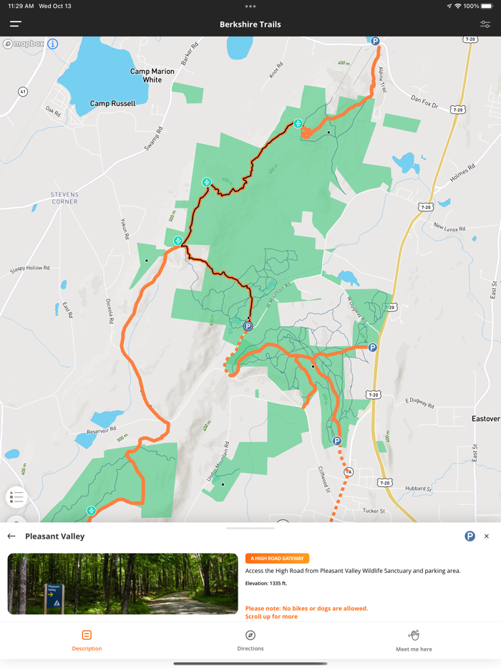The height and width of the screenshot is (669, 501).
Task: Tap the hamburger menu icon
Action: tap(15, 24)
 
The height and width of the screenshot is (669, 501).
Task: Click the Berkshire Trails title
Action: tap(250, 24)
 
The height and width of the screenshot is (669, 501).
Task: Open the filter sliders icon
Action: tap(485, 24)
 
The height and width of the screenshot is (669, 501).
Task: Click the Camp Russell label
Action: tap(112, 104)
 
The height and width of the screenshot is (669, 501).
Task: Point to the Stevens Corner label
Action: tap(64, 198)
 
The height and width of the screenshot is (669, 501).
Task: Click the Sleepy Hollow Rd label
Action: tap(30, 269)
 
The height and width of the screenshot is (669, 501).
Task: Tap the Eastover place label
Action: tap(486, 418)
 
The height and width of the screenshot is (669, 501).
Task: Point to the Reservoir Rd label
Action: tap(102, 430)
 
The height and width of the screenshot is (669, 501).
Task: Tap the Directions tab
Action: tap(250, 640)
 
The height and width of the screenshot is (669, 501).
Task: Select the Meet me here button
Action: tap(414, 640)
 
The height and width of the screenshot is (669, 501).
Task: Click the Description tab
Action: tap(87, 640)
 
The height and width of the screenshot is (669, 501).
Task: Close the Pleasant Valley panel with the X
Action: tap(487, 536)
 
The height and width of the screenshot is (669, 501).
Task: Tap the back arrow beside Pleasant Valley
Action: tap(11, 536)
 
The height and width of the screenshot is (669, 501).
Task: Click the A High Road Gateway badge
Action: tap(277, 558)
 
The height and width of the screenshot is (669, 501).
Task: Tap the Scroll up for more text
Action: tap(271, 617)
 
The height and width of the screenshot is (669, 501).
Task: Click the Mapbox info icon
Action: tap(53, 44)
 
